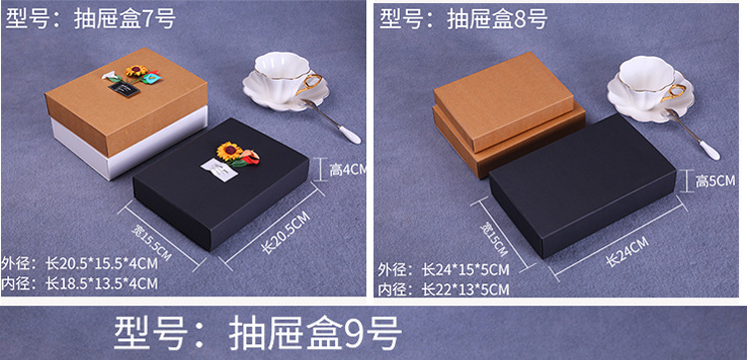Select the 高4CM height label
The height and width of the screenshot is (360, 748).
click(348, 171)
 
